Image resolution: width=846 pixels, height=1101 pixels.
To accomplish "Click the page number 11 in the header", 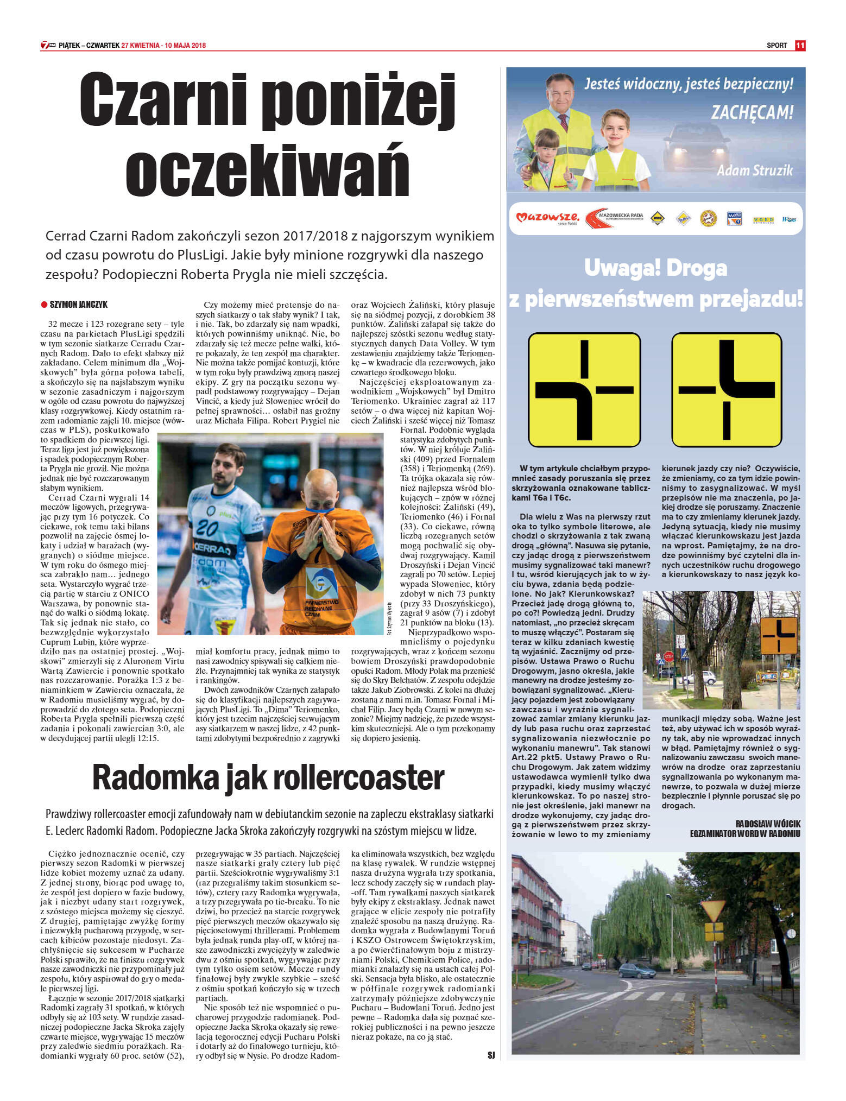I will [799, 46].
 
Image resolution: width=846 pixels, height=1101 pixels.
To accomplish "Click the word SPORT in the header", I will [776, 46].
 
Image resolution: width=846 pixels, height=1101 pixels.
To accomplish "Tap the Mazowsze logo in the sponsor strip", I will [547, 218].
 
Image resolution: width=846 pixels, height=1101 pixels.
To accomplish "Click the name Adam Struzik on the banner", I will [754, 170].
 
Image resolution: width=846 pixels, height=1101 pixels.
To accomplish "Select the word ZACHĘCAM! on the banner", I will [752, 112].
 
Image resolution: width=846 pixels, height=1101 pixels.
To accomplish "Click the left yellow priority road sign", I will [584, 389].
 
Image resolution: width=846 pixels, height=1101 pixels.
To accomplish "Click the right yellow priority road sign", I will [727, 389].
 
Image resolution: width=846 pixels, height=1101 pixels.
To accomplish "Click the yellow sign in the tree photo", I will [778, 635].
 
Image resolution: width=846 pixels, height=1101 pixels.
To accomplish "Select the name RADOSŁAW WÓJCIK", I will [767, 824].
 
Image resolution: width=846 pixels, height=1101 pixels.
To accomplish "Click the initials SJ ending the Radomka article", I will [491, 1055].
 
